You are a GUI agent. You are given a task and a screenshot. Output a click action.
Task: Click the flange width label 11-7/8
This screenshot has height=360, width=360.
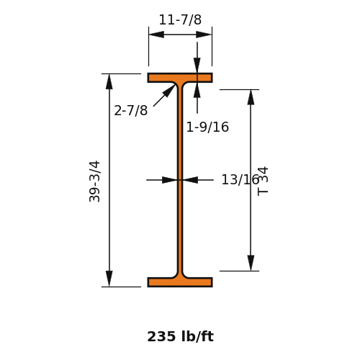180,19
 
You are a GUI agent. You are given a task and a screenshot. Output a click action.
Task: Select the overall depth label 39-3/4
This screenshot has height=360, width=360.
94,181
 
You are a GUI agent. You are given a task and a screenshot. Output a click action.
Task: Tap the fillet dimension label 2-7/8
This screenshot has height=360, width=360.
130,111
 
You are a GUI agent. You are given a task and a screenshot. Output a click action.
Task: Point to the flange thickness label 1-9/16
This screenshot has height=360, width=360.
207,127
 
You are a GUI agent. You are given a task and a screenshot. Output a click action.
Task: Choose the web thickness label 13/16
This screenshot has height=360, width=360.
240,180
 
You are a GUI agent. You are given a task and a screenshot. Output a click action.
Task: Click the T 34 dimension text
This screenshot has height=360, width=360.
263,181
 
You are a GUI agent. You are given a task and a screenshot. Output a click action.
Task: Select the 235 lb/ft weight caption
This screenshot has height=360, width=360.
180,336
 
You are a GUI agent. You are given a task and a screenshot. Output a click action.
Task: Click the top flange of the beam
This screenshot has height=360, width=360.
180,78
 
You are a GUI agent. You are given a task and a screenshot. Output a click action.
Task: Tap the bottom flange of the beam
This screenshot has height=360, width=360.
180,282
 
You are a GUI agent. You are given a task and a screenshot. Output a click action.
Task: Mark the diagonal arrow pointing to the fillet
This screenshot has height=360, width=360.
164,95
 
